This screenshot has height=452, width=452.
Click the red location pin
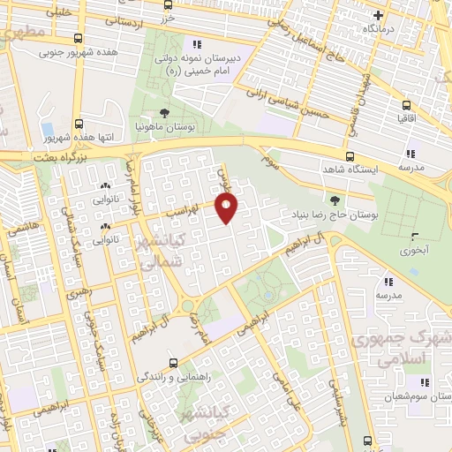coord(228,207)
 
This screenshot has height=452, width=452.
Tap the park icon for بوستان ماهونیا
coord(164,113)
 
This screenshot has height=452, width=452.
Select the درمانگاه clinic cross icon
coord(379,15)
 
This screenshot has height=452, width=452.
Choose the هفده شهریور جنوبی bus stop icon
coord(79,39)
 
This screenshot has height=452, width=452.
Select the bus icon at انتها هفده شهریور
coord(79,124)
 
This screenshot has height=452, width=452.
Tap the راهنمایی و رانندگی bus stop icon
coord(173,362)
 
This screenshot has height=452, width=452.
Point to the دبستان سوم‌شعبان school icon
coord(424,382)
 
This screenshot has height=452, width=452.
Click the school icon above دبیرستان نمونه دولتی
coord(197,43)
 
